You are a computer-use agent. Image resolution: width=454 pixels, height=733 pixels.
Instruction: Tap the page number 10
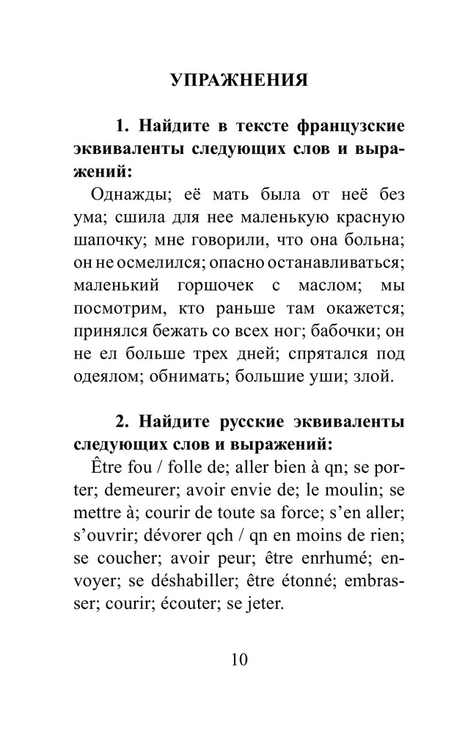[x=239, y=658]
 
